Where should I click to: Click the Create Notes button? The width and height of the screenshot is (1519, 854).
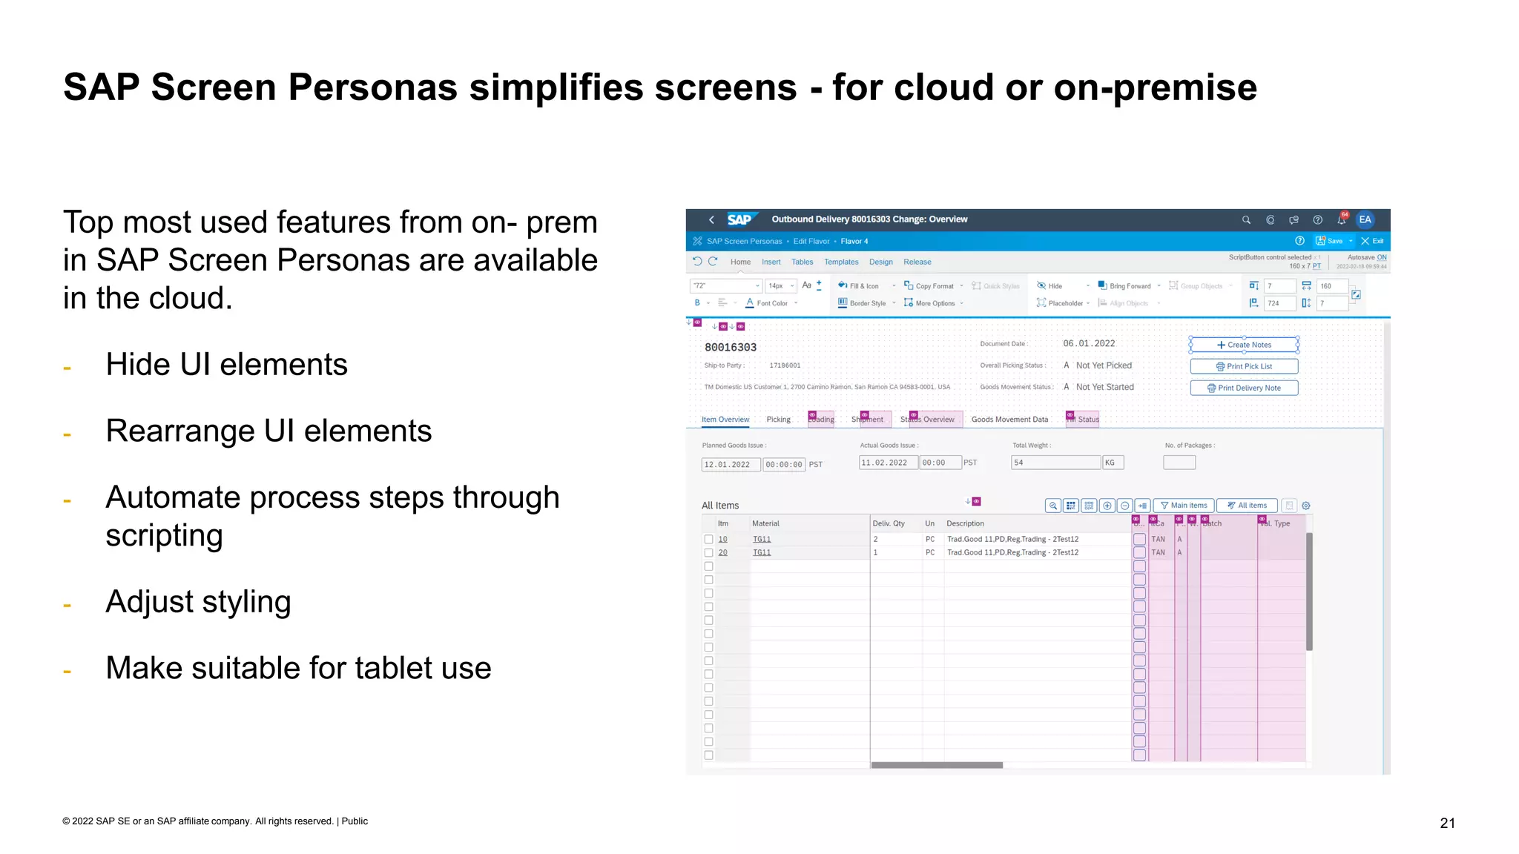1244,345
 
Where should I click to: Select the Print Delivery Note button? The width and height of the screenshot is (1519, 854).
1244,388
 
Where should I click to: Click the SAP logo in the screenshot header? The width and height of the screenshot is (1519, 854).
739,219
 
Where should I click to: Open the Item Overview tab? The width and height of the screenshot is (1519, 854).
725,420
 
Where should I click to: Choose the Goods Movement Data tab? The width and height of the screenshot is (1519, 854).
1009,420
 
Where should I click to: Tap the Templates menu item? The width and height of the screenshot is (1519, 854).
841,262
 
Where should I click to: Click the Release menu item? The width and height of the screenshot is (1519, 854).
917,262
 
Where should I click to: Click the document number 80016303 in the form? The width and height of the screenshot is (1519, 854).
731,347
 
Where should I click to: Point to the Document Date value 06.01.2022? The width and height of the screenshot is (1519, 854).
1089,343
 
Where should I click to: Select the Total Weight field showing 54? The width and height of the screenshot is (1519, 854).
1055,463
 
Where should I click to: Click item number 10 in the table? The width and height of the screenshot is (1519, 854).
722,539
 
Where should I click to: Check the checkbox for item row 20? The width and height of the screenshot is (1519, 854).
708,553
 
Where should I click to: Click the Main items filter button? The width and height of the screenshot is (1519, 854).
1184,506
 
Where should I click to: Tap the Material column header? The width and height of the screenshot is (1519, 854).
765,523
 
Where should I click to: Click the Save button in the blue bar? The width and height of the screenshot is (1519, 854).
1330,241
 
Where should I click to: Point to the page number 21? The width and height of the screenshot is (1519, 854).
1447,823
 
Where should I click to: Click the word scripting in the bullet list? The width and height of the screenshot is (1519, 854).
164,535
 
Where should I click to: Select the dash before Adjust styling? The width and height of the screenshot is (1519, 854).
67,606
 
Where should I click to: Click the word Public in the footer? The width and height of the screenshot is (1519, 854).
355,821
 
